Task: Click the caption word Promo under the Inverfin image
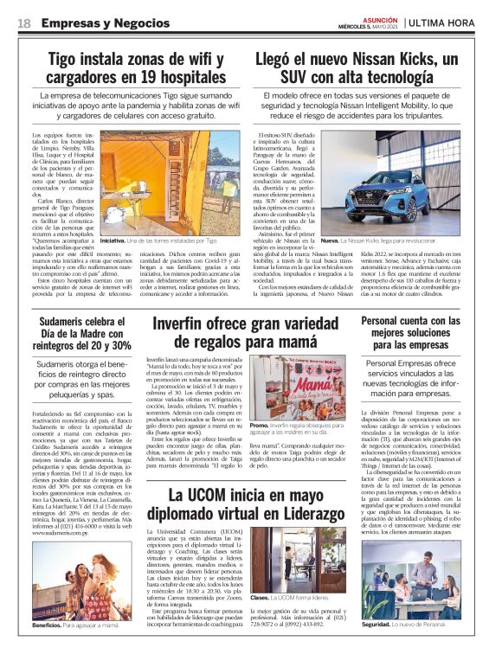tap(259, 426)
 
